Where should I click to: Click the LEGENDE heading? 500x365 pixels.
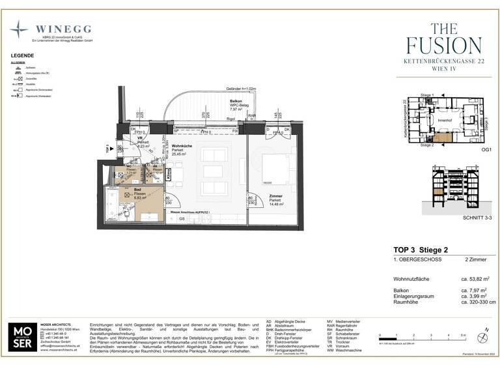coord(22,56)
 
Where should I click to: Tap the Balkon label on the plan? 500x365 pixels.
coord(237,102)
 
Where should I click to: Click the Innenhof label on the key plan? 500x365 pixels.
coord(445,120)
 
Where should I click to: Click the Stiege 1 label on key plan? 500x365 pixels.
coord(427,95)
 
